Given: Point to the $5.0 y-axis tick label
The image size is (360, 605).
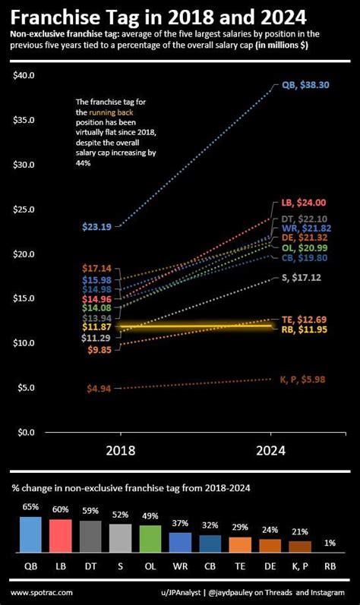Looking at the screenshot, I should (x=26, y=387).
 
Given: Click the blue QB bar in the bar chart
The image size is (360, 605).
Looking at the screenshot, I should (x=30, y=534).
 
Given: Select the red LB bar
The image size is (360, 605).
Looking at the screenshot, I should (x=60, y=535).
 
